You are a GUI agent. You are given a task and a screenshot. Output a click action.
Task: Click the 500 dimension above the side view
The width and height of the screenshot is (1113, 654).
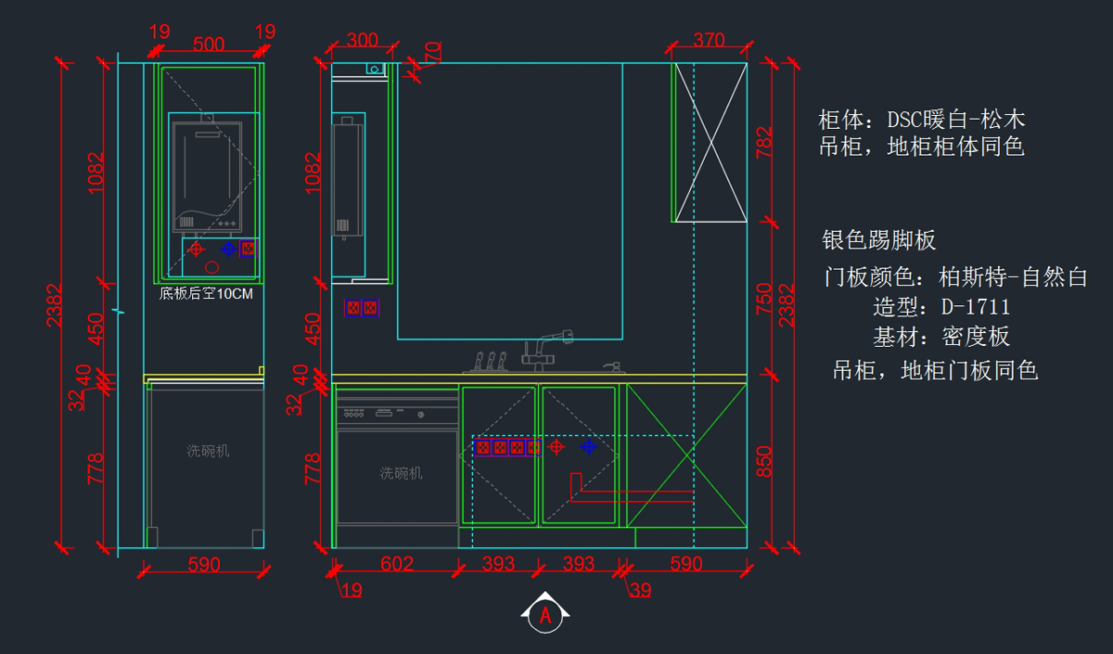pyautogui.click(x=209, y=45)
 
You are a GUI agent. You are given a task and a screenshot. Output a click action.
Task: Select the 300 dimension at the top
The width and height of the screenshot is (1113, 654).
pyautogui.click(x=362, y=41)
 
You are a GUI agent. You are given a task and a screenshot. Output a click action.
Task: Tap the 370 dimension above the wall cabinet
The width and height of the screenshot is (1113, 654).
pyautogui.click(x=709, y=41)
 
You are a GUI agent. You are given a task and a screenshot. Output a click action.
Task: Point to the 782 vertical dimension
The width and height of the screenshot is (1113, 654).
pyautogui.click(x=764, y=143)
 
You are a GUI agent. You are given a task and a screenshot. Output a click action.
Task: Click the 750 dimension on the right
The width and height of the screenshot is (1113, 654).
pyautogui.click(x=764, y=299)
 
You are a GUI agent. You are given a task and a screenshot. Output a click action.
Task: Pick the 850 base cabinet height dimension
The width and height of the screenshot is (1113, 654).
pyautogui.click(x=764, y=462)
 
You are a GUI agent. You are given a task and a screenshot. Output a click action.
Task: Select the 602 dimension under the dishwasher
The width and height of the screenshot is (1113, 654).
pyautogui.click(x=397, y=564)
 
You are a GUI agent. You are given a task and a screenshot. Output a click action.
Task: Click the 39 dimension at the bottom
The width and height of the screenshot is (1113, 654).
pyautogui.click(x=640, y=590)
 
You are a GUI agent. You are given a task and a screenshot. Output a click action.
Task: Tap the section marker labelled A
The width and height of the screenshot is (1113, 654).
pyautogui.click(x=545, y=613)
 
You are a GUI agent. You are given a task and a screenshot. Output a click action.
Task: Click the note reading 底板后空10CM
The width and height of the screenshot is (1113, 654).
pyautogui.click(x=206, y=293)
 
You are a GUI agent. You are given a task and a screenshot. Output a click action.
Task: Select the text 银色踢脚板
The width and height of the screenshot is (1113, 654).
pyautogui.click(x=879, y=241)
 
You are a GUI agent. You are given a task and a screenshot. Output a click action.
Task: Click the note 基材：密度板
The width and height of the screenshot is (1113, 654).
pyautogui.click(x=940, y=337)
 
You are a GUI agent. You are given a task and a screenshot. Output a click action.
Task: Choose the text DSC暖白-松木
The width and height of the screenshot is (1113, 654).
pyautogui.click(x=955, y=120)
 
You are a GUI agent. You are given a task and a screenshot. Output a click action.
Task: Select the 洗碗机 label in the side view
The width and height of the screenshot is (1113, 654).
pyautogui.click(x=208, y=451)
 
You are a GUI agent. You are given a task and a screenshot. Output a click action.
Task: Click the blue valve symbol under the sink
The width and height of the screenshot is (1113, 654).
pyautogui.click(x=588, y=447)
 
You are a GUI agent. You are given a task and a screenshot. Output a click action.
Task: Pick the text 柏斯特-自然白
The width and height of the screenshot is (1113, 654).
pyautogui.click(x=1013, y=276)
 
